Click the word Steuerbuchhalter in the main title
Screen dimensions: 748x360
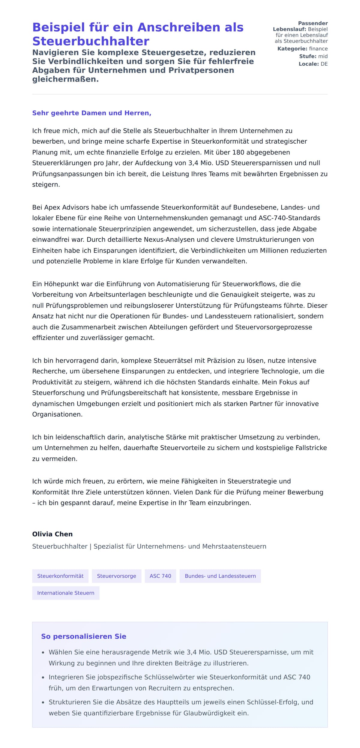pyautogui.click(x=91, y=41)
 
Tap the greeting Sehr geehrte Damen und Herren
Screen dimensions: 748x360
pyautogui.click(x=91, y=113)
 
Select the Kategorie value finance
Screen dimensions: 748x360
pyautogui.click(x=318, y=49)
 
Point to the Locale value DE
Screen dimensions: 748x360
pyautogui.click(x=324, y=64)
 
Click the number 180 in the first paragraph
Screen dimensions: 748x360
pyautogui.click(x=238, y=152)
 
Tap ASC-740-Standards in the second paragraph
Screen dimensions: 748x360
pyautogui.click(x=289, y=218)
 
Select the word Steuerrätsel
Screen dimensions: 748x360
pyautogui.click(x=172, y=361)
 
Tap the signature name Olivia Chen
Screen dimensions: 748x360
pyautogui.click(x=52, y=534)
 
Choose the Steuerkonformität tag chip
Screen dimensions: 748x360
pyautogui.click(x=60, y=576)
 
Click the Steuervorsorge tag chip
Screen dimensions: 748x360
pyautogui.click(x=116, y=576)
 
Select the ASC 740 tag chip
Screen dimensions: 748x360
pyautogui.click(x=160, y=576)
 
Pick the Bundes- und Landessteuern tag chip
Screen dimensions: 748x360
pyautogui.click(x=220, y=576)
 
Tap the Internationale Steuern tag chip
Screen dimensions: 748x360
pyautogui.click(x=66, y=593)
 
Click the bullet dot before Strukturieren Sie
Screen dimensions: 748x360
pyautogui.click(x=43, y=702)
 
